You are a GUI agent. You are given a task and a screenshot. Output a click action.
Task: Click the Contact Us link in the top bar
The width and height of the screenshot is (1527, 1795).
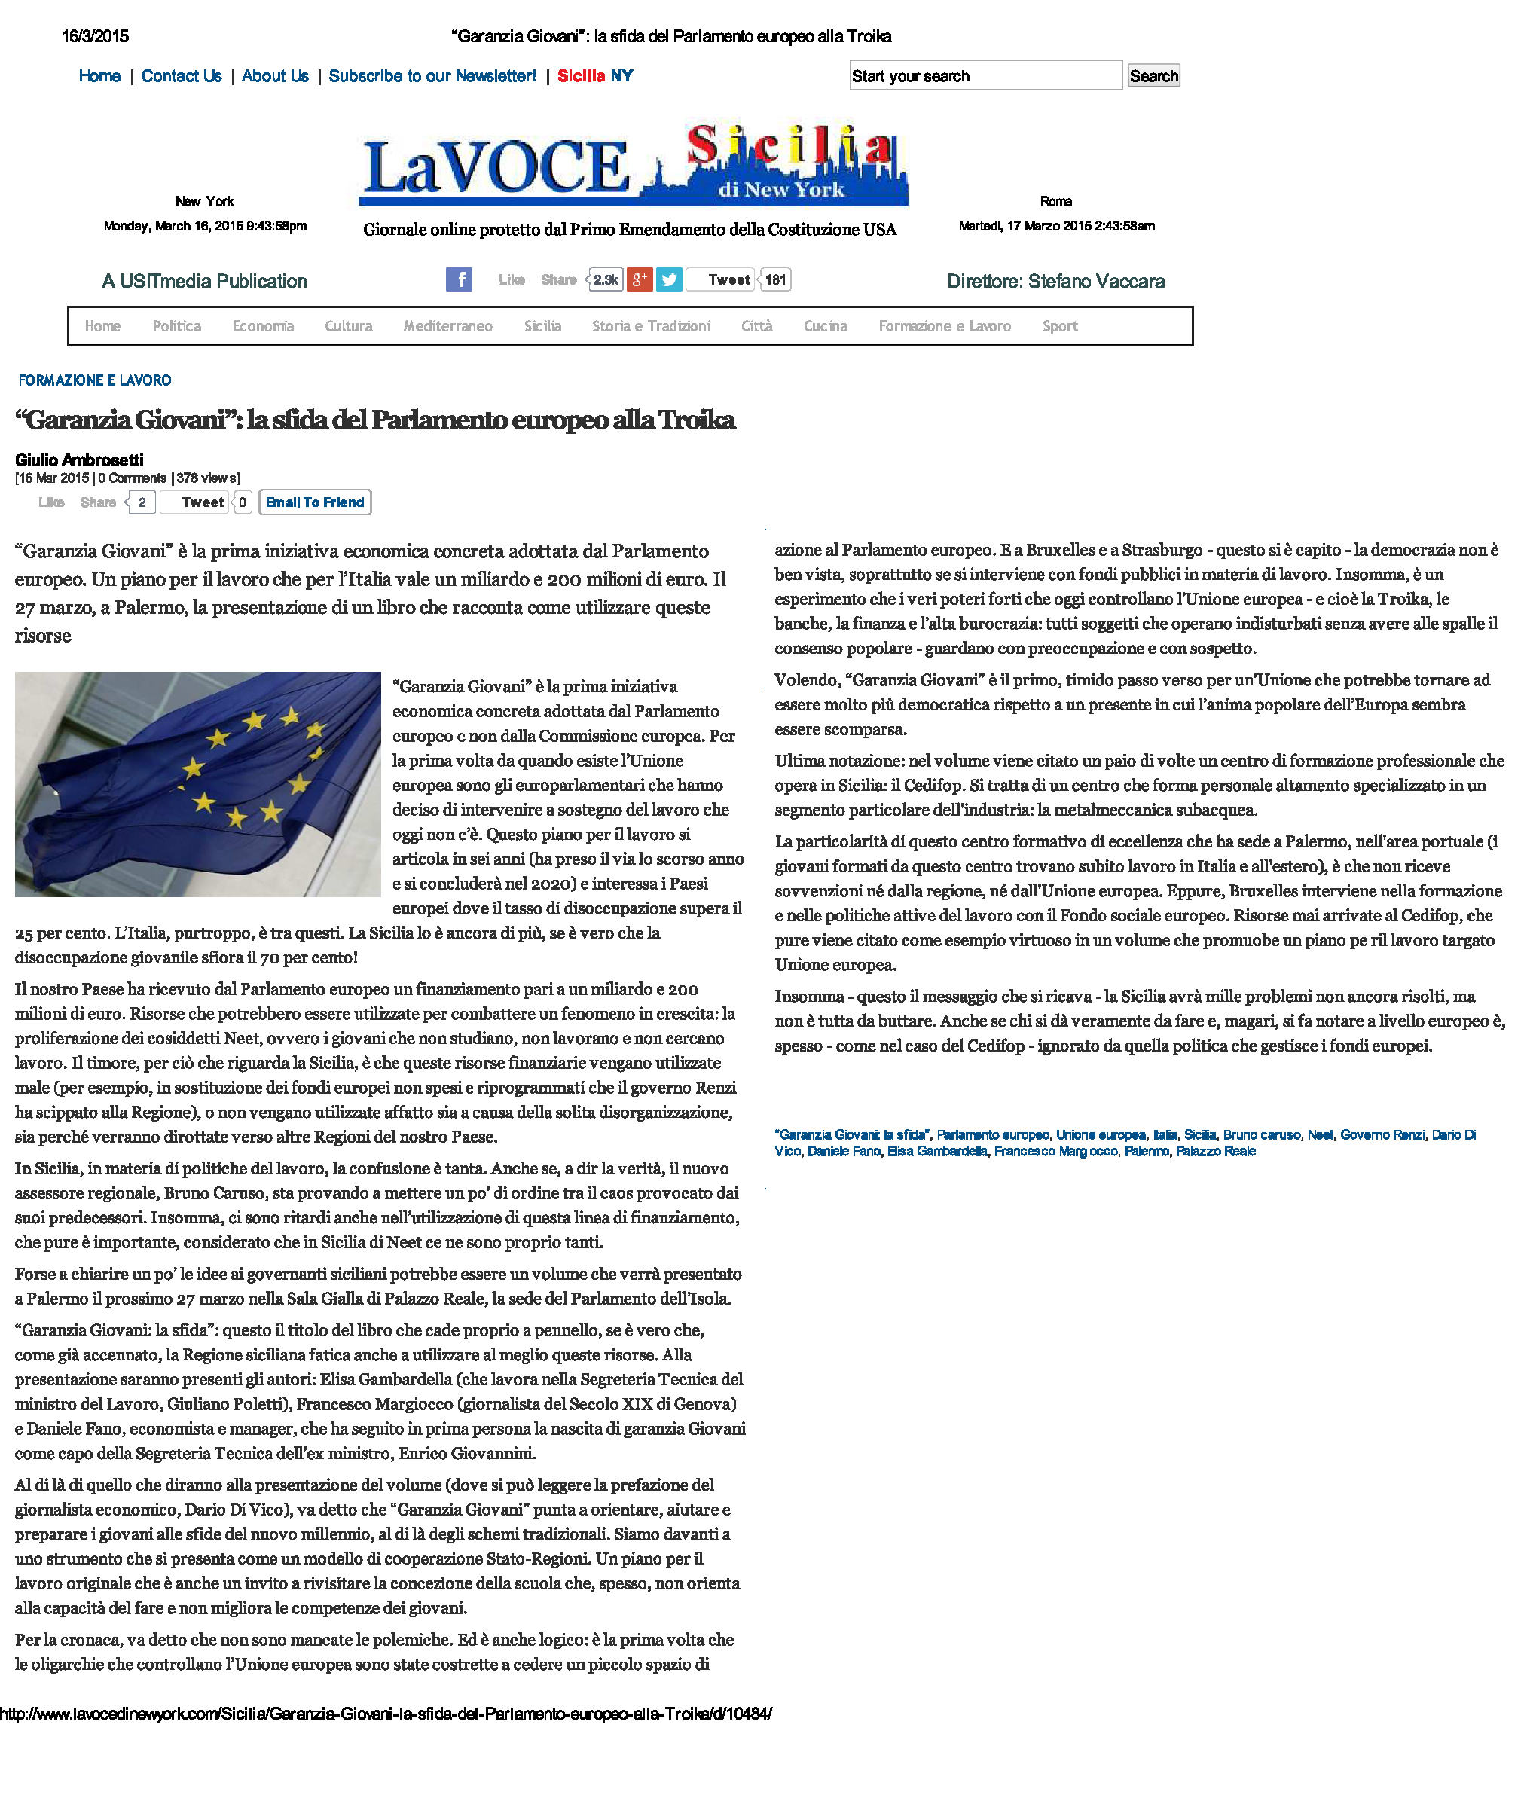(x=181, y=76)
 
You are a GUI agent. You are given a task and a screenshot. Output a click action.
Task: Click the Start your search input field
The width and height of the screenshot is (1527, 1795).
(x=985, y=76)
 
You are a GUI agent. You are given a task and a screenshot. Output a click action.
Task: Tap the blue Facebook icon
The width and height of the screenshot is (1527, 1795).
(x=459, y=279)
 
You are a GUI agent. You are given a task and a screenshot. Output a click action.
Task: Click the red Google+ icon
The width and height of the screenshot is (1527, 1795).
(x=639, y=279)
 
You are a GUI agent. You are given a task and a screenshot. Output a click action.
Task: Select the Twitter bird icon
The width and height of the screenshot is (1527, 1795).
(x=668, y=279)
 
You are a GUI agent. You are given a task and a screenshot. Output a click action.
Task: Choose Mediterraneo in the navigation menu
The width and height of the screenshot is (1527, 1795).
(x=447, y=326)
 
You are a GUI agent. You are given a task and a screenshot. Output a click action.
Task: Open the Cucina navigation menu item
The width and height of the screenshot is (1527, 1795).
(x=825, y=326)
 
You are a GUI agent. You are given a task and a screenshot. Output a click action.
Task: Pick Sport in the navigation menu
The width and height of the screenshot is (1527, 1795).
(x=1059, y=326)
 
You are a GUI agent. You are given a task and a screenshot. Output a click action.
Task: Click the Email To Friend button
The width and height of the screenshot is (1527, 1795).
(x=315, y=502)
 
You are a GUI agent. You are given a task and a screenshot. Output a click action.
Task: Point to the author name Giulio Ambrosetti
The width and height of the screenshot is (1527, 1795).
(x=79, y=459)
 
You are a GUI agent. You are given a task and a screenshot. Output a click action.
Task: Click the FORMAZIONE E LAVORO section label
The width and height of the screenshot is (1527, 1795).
(x=94, y=380)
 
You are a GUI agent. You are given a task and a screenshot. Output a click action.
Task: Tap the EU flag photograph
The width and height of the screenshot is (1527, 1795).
(x=197, y=783)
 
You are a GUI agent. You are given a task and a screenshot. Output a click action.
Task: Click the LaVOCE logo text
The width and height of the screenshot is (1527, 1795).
(x=497, y=167)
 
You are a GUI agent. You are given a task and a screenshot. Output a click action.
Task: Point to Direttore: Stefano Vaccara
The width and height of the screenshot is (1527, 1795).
(x=1055, y=281)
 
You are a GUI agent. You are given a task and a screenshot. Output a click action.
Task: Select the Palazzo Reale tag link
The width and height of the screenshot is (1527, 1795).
(x=1214, y=1151)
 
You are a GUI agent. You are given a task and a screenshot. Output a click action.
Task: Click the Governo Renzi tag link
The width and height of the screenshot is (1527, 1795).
(x=1382, y=1134)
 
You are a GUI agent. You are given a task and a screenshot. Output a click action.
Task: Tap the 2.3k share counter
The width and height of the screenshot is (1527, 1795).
(x=606, y=279)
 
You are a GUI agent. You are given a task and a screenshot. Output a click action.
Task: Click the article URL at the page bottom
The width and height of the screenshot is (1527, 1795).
(x=385, y=1714)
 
